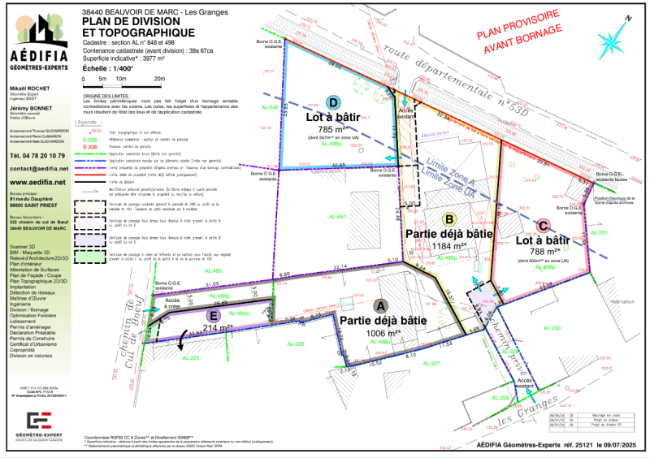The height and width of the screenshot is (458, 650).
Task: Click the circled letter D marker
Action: pos(332,103)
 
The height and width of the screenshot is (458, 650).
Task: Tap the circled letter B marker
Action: pos(448,218)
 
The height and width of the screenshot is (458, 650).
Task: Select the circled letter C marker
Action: pos(544,228)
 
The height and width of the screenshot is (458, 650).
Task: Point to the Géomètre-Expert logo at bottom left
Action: pos(41,422)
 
